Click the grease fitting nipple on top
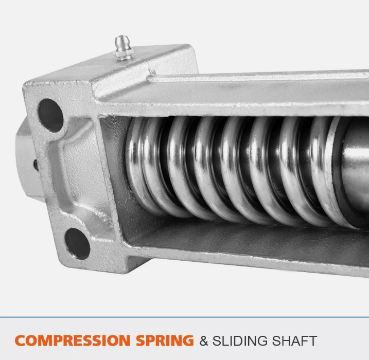(124, 48)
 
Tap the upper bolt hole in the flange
(50, 115)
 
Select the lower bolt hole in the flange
(77, 244)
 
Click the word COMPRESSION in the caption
(73, 340)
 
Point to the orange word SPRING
(165, 340)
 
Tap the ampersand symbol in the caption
(204, 341)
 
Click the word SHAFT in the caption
(294, 341)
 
